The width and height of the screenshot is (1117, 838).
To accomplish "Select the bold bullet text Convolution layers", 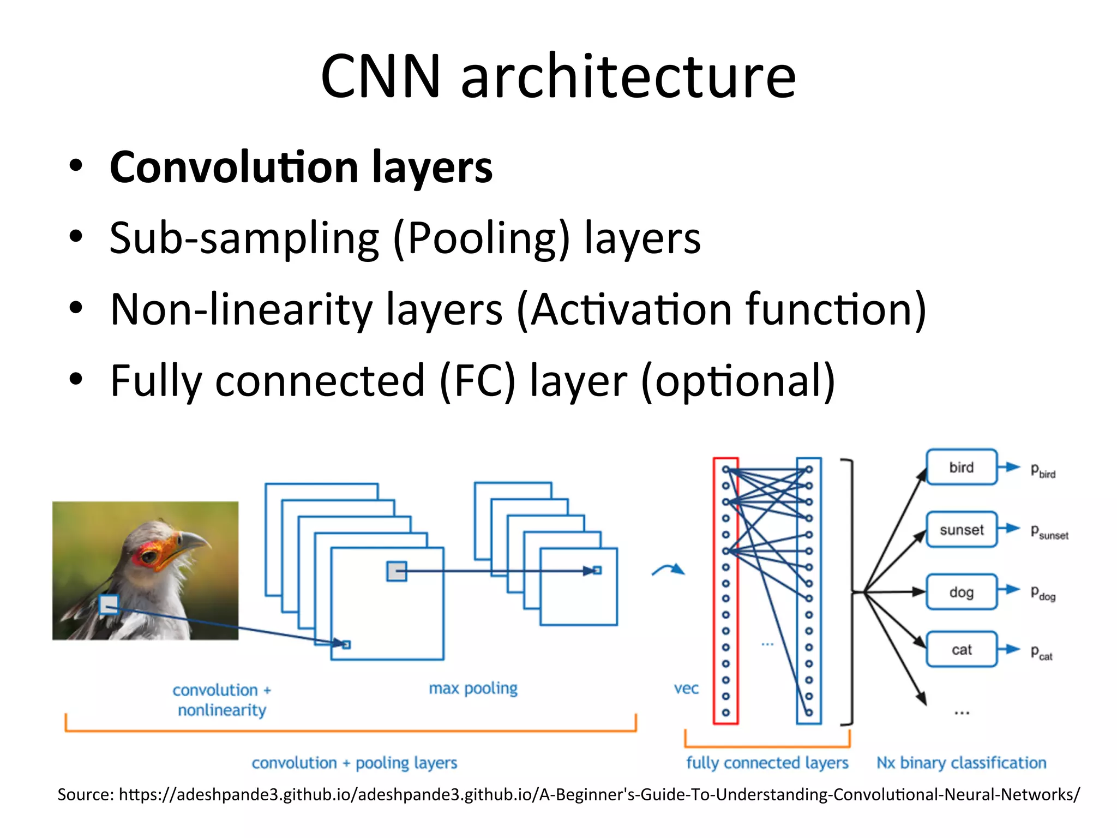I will pos(301,167).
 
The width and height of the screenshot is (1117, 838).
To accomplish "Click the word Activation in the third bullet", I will pos(630,309).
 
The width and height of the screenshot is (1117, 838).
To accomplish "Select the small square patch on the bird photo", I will pos(109,604).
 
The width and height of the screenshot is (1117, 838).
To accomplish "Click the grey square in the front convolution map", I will pos(397,571).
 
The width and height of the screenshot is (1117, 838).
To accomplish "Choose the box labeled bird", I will pos(961,467).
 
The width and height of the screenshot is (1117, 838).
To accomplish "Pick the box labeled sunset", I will pos(961,529).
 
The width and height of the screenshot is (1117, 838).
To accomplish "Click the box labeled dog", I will pos(961,592).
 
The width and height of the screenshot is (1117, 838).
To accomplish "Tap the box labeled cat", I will pos(961,649).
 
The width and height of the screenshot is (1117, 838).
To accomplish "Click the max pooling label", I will pos(473,689).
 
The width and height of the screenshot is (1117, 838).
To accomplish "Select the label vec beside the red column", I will pos(686,689).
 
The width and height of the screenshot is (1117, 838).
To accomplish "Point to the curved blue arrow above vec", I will pos(668,570).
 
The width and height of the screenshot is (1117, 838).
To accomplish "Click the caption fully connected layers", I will pos(767,763).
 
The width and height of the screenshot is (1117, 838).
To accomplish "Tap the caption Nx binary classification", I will pos(961,763).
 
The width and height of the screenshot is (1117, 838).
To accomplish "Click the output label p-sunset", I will pos(1049,532).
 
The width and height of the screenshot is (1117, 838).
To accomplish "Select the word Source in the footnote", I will pos(85,794).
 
